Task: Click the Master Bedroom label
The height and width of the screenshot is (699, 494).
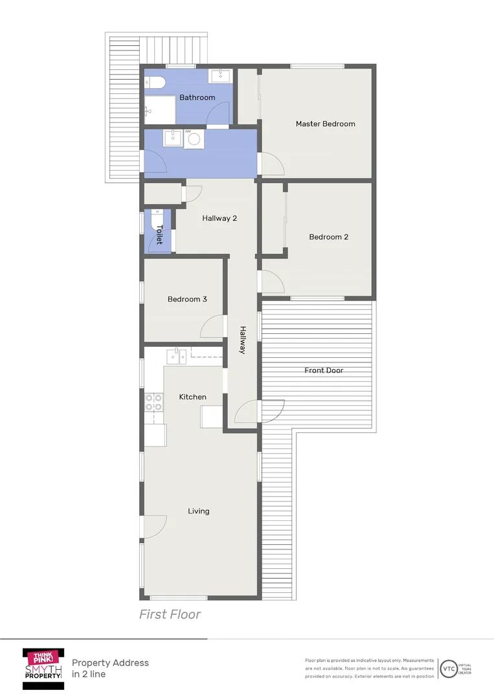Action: click(x=325, y=124)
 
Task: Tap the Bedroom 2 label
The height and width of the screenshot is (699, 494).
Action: click(x=328, y=237)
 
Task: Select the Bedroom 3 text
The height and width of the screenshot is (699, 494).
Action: click(x=187, y=299)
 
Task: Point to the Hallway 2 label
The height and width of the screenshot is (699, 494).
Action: click(x=219, y=218)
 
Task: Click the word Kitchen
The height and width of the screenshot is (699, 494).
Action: click(x=192, y=397)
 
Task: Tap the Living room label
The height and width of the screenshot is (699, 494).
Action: click(x=199, y=511)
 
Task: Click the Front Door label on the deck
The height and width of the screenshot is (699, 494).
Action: click(x=324, y=371)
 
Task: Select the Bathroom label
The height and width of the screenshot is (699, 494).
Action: click(x=197, y=98)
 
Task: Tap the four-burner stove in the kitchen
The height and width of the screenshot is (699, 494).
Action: click(x=153, y=403)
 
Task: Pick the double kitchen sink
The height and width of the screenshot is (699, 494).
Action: click(x=176, y=355)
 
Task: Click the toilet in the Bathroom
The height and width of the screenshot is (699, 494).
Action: click(x=155, y=82)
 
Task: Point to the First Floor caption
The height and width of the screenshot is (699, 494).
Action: click(x=170, y=614)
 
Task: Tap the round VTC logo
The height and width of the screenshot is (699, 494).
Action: click(x=448, y=668)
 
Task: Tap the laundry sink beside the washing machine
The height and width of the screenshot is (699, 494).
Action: click(x=172, y=138)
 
